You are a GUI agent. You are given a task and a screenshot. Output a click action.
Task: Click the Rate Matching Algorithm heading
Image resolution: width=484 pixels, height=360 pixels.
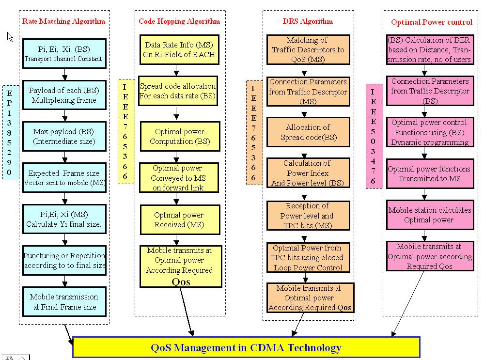click(63, 21)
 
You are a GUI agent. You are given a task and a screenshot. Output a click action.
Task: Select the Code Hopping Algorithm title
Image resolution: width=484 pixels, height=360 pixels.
click(179, 21)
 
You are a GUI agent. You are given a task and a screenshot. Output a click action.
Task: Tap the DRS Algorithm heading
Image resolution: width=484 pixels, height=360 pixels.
click(308, 21)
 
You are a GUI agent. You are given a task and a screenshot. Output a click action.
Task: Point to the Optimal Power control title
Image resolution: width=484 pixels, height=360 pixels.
click(431, 22)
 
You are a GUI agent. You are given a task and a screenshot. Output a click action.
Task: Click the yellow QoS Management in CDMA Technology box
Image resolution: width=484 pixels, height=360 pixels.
click(246, 347)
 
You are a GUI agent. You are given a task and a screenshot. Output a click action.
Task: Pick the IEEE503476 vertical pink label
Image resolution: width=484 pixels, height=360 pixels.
click(373, 136)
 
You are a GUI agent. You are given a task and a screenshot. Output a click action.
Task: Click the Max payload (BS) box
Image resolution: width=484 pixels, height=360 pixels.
click(64, 137)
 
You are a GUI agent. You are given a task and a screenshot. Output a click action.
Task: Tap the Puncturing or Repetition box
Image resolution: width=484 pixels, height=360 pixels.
click(64, 260)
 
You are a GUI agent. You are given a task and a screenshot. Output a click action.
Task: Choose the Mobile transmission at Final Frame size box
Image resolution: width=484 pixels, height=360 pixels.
click(64, 301)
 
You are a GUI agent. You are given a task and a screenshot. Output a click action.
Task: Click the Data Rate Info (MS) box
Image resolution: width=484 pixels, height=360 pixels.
click(179, 49)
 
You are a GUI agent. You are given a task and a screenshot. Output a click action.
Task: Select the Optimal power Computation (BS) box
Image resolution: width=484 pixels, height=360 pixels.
click(179, 136)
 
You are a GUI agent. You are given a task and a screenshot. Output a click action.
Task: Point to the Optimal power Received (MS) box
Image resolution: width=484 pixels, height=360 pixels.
click(179, 219)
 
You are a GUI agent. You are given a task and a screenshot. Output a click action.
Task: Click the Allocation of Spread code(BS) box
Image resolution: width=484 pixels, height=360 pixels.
click(308, 132)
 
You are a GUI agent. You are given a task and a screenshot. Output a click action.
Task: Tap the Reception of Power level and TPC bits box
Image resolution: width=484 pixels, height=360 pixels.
click(308, 215)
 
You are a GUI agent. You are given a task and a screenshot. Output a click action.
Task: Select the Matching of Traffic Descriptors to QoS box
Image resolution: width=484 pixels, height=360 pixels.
click(308, 49)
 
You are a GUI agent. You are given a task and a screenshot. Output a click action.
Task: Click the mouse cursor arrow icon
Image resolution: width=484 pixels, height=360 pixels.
click(10, 37)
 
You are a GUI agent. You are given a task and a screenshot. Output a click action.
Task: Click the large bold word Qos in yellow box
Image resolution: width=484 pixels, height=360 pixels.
click(181, 281)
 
